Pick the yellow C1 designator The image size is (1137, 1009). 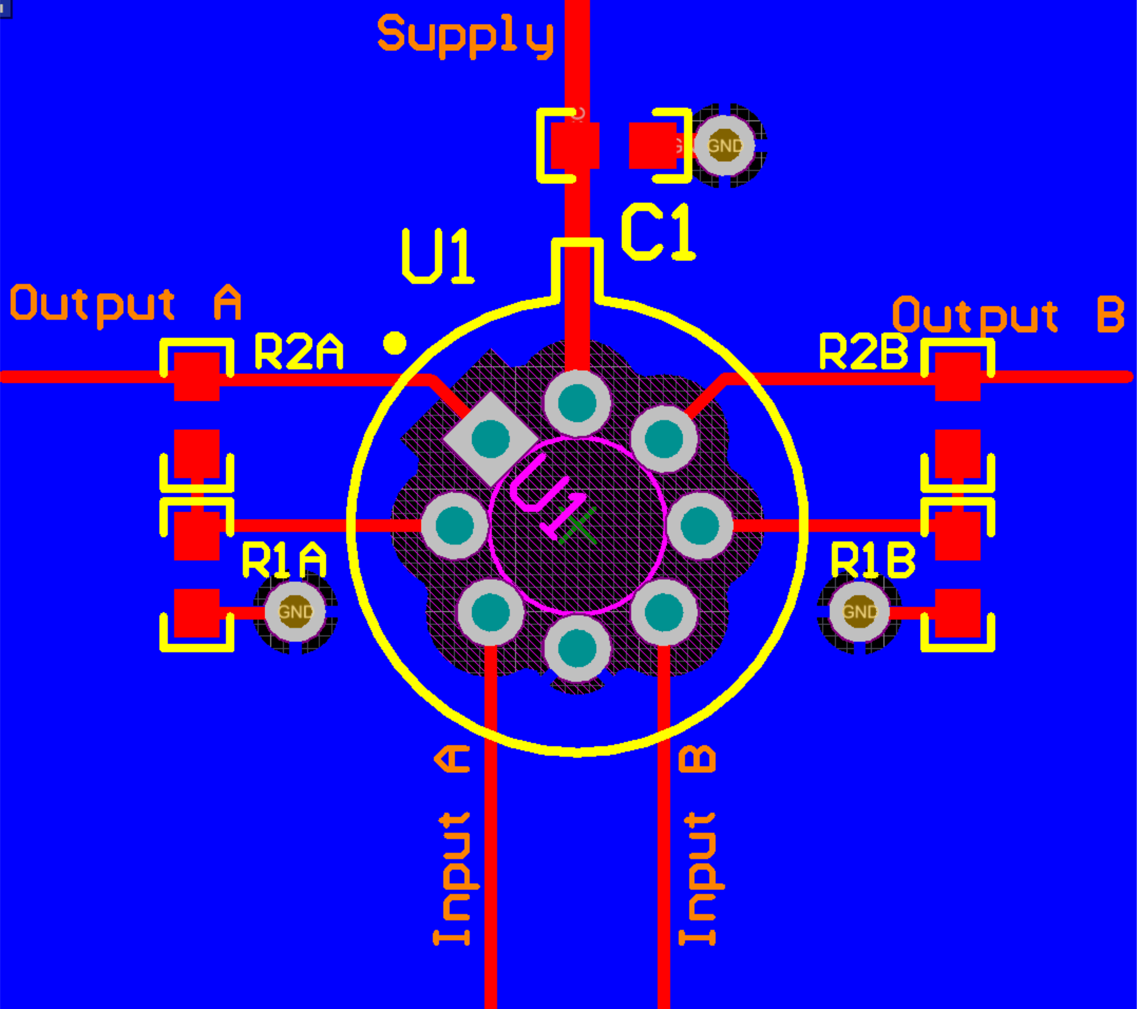(x=658, y=232)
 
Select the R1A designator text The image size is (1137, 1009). (x=284, y=560)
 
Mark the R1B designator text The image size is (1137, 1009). (x=872, y=560)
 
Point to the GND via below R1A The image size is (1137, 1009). (x=295, y=612)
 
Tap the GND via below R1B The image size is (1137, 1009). (x=859, y=612)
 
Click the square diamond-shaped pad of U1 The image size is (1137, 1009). (x=490, y=439)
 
